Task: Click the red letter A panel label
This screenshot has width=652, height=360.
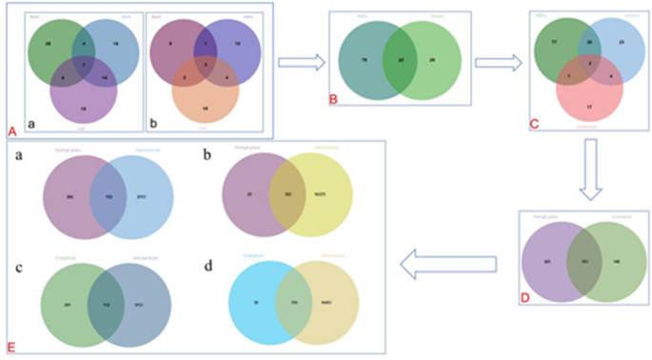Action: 11,129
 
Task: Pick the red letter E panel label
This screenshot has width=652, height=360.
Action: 11,340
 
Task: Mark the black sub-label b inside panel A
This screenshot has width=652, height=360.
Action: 155,124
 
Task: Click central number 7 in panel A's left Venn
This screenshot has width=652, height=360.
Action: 86,63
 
